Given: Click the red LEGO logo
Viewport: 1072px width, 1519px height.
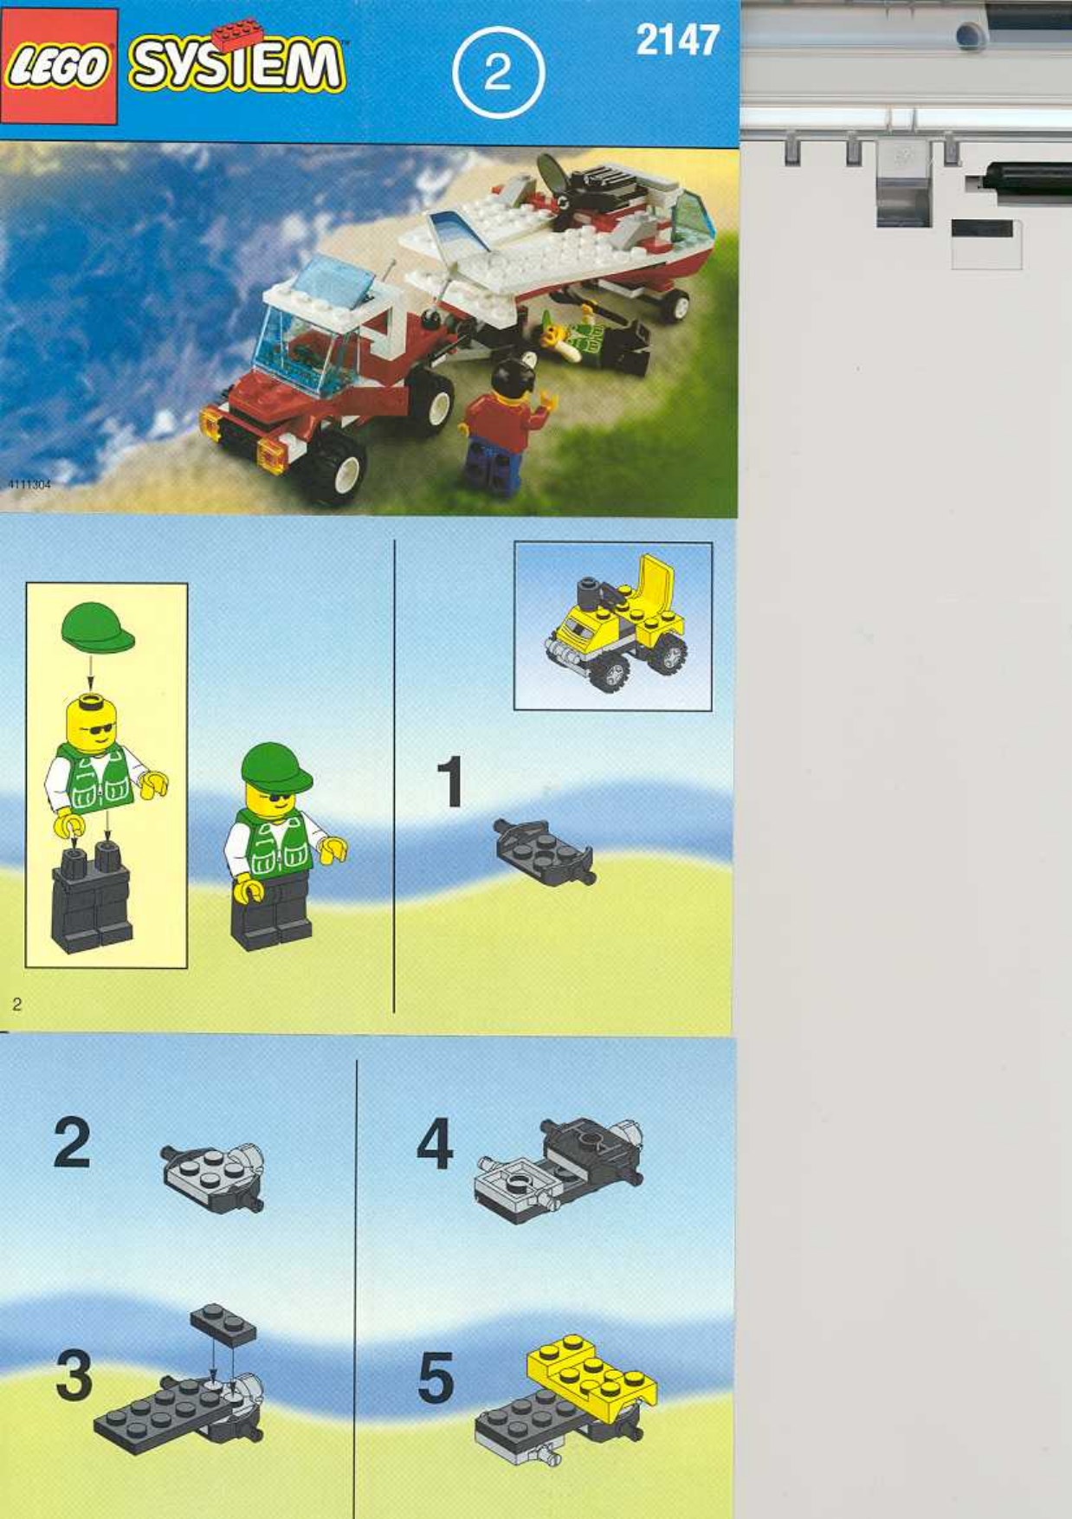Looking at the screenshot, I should click(x=58, y=67).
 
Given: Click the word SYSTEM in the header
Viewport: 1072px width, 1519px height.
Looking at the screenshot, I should click(x=236, y=66).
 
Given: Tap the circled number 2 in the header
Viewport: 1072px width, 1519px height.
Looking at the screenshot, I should click(x=498, y=73).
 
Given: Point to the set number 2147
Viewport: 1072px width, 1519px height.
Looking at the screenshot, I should click(x=677, y=40).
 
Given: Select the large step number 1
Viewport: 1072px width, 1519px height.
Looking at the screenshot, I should click(x=450, y=782).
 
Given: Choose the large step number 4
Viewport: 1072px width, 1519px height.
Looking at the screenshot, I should click(x=435, y=1143).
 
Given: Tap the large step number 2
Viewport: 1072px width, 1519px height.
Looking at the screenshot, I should click(x=72, y=1143).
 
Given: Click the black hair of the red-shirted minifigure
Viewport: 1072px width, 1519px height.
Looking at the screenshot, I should click(x=511, y=378).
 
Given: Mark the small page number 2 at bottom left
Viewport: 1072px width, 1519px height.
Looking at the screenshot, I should click(x=16, y=1005).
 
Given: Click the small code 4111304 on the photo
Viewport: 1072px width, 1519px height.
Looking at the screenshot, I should click(x=29, y=485).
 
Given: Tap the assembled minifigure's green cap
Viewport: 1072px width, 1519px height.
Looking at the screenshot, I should click(x=275, y=765).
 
